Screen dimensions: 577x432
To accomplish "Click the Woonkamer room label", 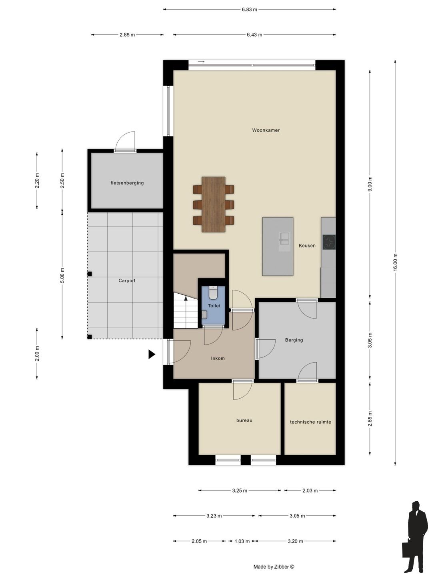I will pyautogui.click(x=266, y=130).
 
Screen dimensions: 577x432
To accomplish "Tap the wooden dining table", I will pyautogui.click(x=213, y=204).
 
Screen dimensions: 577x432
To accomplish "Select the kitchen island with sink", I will pyautogui.click(x=278, y=246).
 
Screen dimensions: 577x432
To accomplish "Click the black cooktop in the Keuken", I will pyautogui.click(x=329, y=242).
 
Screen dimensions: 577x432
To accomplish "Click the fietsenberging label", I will pyautogui.click(x=127, y=183).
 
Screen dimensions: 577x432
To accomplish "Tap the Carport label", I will pyautogui.click(x=127, y=280).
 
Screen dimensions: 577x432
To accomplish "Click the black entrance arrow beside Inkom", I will pyautogui.click(x=152, y=354).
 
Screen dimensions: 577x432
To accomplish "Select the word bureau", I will pyautogui.click(x=244, y=420).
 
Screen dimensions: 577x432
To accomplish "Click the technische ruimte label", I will pyautogui.click(x=310, y=422).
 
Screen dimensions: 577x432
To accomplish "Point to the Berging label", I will pyautogui.click(x=294, y=340).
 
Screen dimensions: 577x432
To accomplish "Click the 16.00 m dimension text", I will pyautogui.click(x=395, y=262).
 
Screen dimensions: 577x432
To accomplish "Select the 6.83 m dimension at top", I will pyautogui.click(x=249, y=10).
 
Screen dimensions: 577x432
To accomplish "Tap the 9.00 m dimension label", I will pyautogui.click(x=370, y=184).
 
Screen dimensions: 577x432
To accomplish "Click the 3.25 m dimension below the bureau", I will pyautogui.click(x=240, y=490).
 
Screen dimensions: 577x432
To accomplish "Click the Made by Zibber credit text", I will pyautogui.click(x=274, y=567).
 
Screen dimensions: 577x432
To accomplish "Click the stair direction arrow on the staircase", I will pyautogui.click(x=186, y=299).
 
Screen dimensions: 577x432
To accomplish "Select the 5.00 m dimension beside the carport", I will pyautogui.click(x=62, y=275).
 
